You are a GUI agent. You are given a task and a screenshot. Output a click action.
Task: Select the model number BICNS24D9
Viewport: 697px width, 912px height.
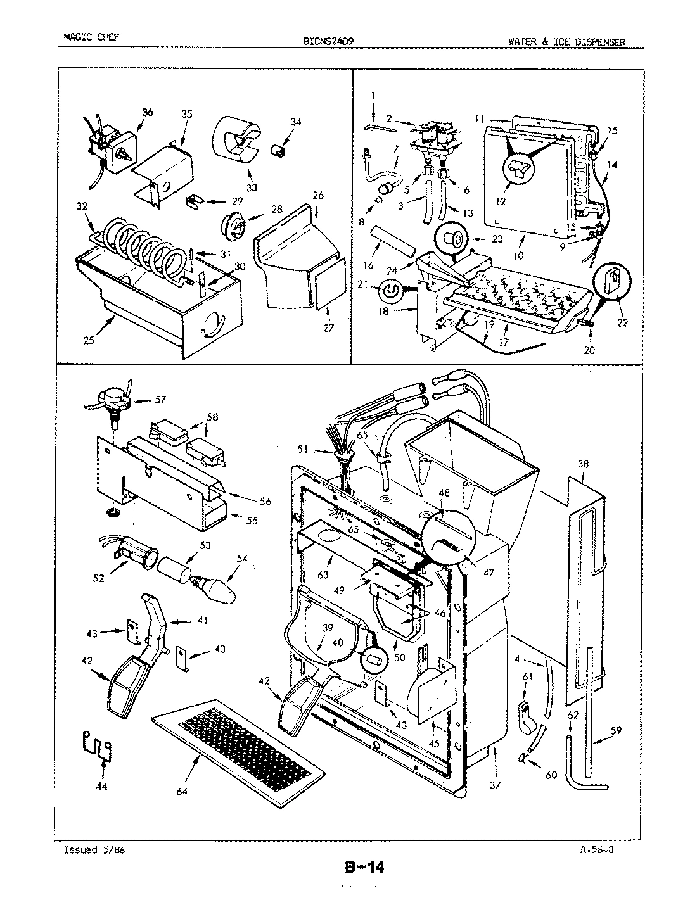point(329,42)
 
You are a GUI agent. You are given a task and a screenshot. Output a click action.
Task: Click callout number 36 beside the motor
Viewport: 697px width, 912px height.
point(147,112)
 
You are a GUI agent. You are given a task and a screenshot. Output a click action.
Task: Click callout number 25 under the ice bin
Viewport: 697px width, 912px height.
point(88,341)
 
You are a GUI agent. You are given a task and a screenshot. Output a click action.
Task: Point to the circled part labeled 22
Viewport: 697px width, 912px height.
point(611,279)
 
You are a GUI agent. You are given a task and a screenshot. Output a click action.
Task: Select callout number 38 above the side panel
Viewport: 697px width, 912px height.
point(583,464)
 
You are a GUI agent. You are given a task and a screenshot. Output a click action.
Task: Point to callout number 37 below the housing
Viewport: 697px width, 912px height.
point(495,785)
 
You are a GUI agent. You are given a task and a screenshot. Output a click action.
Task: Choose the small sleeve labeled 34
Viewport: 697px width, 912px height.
point(276,150)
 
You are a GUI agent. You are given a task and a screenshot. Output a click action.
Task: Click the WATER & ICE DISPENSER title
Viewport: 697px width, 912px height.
point(566,42)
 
